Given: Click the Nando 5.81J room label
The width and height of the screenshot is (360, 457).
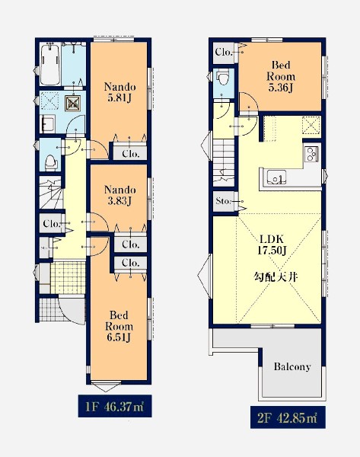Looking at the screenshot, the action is click(119, 92).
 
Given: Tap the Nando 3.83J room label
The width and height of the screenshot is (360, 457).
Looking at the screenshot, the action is click(119, 195).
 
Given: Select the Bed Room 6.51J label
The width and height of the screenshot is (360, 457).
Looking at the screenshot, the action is click(119, 326).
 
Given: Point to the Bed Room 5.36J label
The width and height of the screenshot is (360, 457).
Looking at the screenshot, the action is click(281, 76).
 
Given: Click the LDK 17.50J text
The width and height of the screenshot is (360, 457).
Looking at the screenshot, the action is click(272, 244).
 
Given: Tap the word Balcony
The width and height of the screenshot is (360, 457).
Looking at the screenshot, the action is click(292, 366).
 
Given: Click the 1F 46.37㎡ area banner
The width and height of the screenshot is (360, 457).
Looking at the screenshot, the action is click(115, 406).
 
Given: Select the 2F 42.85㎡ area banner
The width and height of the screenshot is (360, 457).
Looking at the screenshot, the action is click(288, 417).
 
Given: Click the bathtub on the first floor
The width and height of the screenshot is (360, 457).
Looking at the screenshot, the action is click(50, 63).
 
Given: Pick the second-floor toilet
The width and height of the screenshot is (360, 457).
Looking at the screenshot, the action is click(224, 77).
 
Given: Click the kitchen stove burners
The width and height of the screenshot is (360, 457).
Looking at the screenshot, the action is click(311, 154).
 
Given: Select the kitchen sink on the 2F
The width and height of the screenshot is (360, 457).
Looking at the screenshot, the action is click(276, 177).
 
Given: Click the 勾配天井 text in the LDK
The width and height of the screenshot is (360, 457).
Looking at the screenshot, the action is click(276, 276).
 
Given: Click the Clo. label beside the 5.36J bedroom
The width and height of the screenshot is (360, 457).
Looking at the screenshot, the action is click(224, 52).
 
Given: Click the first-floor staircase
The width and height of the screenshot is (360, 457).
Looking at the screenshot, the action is click(51, 193).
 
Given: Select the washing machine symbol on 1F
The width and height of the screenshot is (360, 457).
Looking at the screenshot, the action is click(72, 104).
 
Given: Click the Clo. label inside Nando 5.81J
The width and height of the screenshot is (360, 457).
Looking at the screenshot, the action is click(130, 153).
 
